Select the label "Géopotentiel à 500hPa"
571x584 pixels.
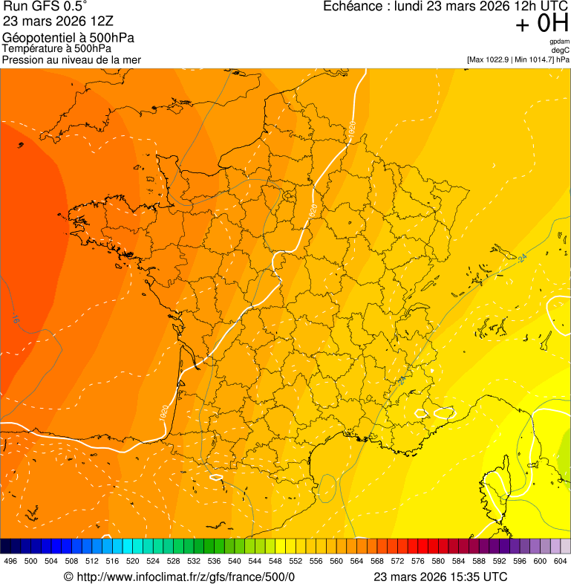[68, 38]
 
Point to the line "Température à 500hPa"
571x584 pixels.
[57, 49]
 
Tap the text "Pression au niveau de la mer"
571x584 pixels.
[71, 59]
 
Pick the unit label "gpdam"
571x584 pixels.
[559, 42]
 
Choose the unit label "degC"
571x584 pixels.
[561, 51]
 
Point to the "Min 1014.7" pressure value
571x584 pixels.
[534, 59]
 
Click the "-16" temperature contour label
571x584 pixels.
[15, 319]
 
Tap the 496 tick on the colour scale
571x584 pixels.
[10, 562]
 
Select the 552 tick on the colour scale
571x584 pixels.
[296, 562]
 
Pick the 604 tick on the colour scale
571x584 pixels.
[561, 562]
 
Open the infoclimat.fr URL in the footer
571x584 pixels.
[186, 577]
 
